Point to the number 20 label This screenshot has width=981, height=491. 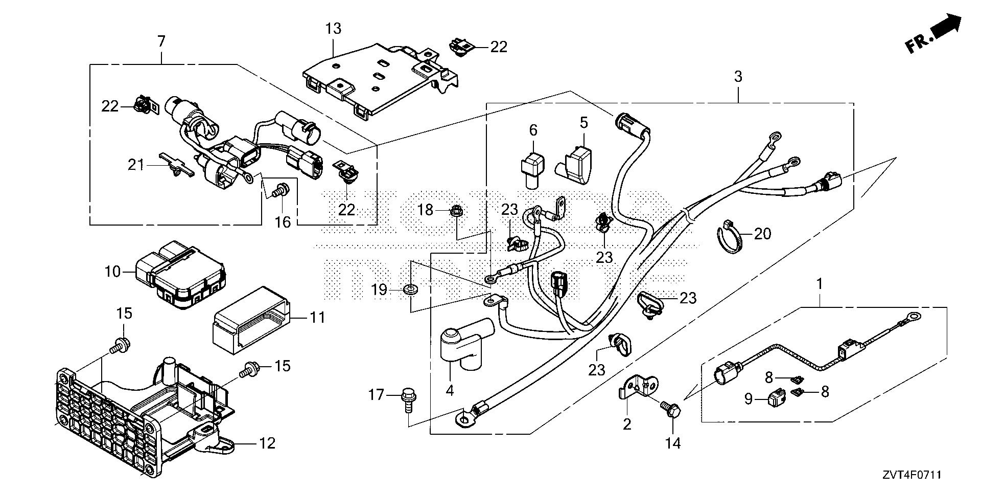point(762,234)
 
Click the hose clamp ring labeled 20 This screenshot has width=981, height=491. point(730,237)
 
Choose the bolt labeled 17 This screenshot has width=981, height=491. point(408,396)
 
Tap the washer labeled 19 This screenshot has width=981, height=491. point(409,290)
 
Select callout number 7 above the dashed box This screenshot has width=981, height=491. point(161,41)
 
